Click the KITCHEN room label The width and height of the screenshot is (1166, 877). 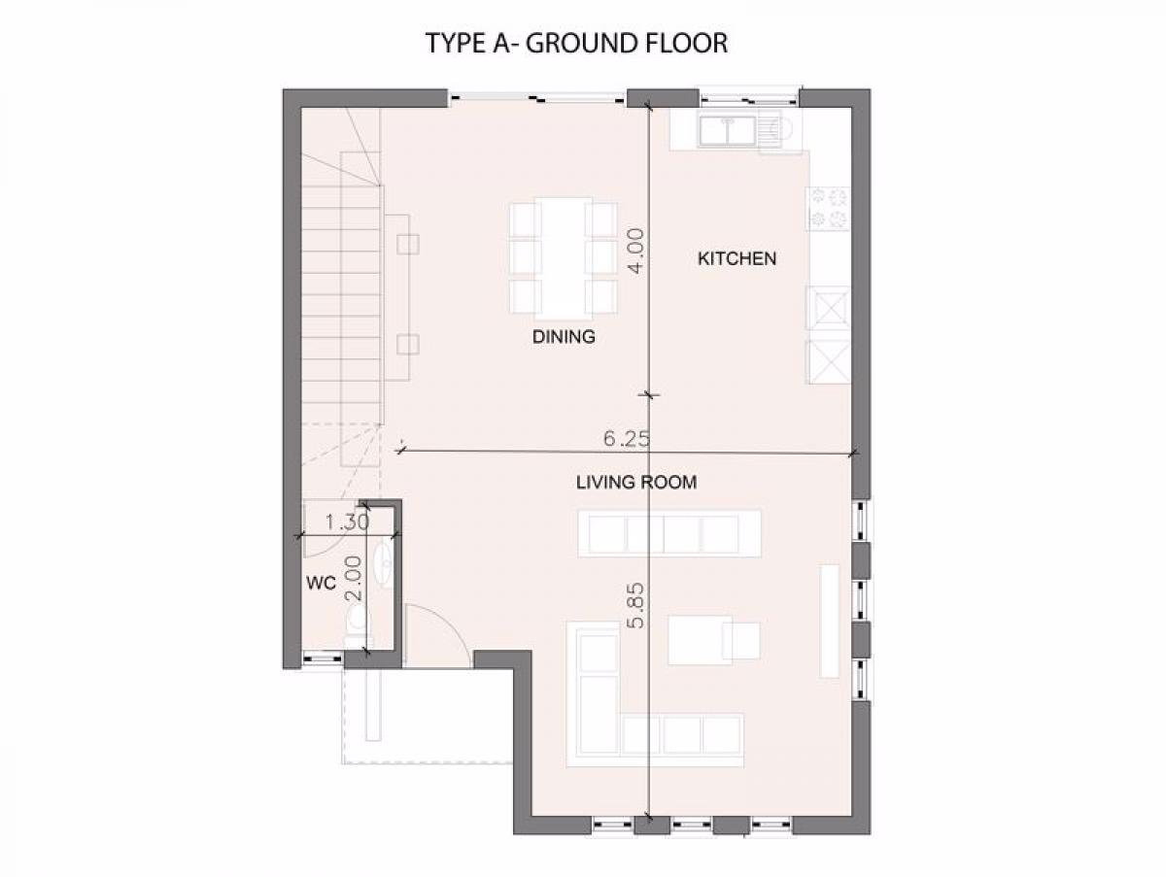(737, 258)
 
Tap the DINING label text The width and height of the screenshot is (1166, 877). (564, 337)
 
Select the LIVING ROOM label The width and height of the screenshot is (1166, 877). (636, 482)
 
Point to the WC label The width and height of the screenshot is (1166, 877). (322, 583)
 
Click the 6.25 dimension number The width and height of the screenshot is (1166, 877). (627, 439)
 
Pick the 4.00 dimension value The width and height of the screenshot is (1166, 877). (635, 251)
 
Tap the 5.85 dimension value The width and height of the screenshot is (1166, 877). (635, 606)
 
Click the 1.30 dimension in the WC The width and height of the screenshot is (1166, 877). (347, 523)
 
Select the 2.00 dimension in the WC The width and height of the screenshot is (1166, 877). (354, 579)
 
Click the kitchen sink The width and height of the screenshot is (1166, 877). (727, 131)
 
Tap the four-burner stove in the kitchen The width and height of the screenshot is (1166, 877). (829, 208)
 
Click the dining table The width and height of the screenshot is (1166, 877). (563, 258)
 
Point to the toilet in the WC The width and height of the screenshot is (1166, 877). (357, 623)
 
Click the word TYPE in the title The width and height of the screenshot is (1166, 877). (457, 43)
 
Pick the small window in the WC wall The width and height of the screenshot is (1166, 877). (323, 658)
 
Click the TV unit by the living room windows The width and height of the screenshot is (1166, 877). (829, 621)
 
